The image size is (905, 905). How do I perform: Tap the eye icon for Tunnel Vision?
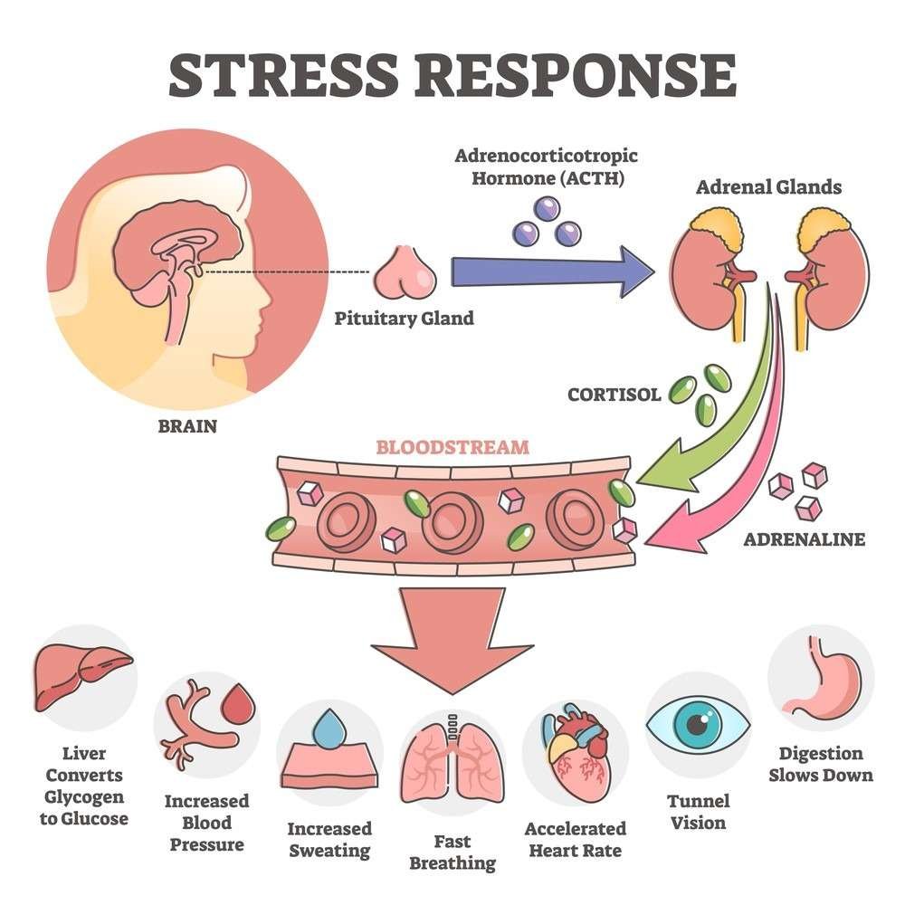698,725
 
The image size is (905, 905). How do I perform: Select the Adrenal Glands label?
768,188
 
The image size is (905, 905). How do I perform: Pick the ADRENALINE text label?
805,539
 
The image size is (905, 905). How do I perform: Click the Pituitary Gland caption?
404,319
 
